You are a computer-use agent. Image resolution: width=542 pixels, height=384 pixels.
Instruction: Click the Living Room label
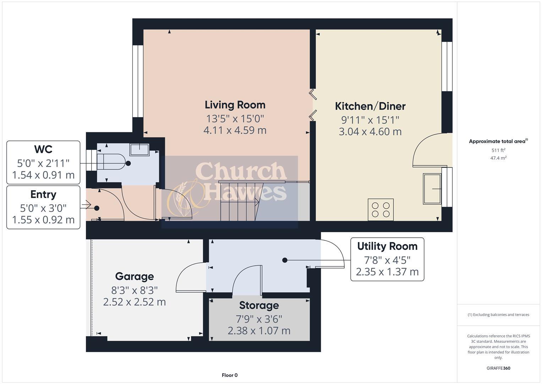click(x=235, y=105)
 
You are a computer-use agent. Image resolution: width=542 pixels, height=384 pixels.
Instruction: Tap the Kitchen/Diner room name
click(x=370, y=106)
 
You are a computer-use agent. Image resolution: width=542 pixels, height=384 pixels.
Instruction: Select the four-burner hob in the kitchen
click(x=381, y=210)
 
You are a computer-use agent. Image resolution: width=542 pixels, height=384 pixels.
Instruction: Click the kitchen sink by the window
click(x=432, y=188)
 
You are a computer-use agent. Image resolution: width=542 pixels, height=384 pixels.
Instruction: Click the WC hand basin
click(x=139, y=149)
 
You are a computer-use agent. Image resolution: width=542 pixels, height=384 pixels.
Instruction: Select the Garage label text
click(x=135, y=276)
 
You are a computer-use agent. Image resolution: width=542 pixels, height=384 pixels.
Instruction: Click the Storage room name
click(x=259, y=305)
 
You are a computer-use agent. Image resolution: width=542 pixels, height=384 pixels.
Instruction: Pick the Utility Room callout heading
click(x=387, y=246)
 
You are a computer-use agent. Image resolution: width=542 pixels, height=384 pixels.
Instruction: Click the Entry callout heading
click(x=43, y=194)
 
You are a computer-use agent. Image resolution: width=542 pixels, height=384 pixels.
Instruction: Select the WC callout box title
click(x=43, y=149)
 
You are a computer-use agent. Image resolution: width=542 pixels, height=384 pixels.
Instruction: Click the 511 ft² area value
click(x=498, y=150)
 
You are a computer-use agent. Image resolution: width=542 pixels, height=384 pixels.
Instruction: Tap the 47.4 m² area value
click(x=498, y=158)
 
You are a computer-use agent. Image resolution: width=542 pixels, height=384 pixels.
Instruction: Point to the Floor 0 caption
click(x=229, y=375)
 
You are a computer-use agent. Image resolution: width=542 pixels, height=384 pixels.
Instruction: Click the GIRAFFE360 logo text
click(x=498, y=368)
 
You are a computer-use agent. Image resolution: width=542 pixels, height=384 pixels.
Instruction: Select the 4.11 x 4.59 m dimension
click(x=235, y=130)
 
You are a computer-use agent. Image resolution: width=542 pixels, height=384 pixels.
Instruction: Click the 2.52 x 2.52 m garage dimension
click(x=135, y=302)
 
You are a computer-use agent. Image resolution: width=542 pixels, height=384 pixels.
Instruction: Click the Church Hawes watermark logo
click(x=229, y=187)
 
